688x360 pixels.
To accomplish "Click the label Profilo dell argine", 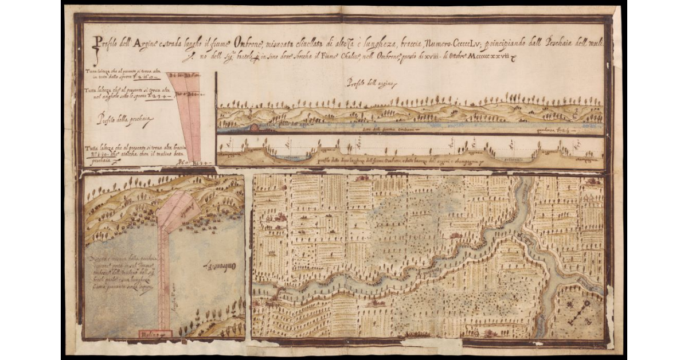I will coord(368,83).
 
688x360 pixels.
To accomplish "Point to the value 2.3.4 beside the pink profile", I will coord(157,96).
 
